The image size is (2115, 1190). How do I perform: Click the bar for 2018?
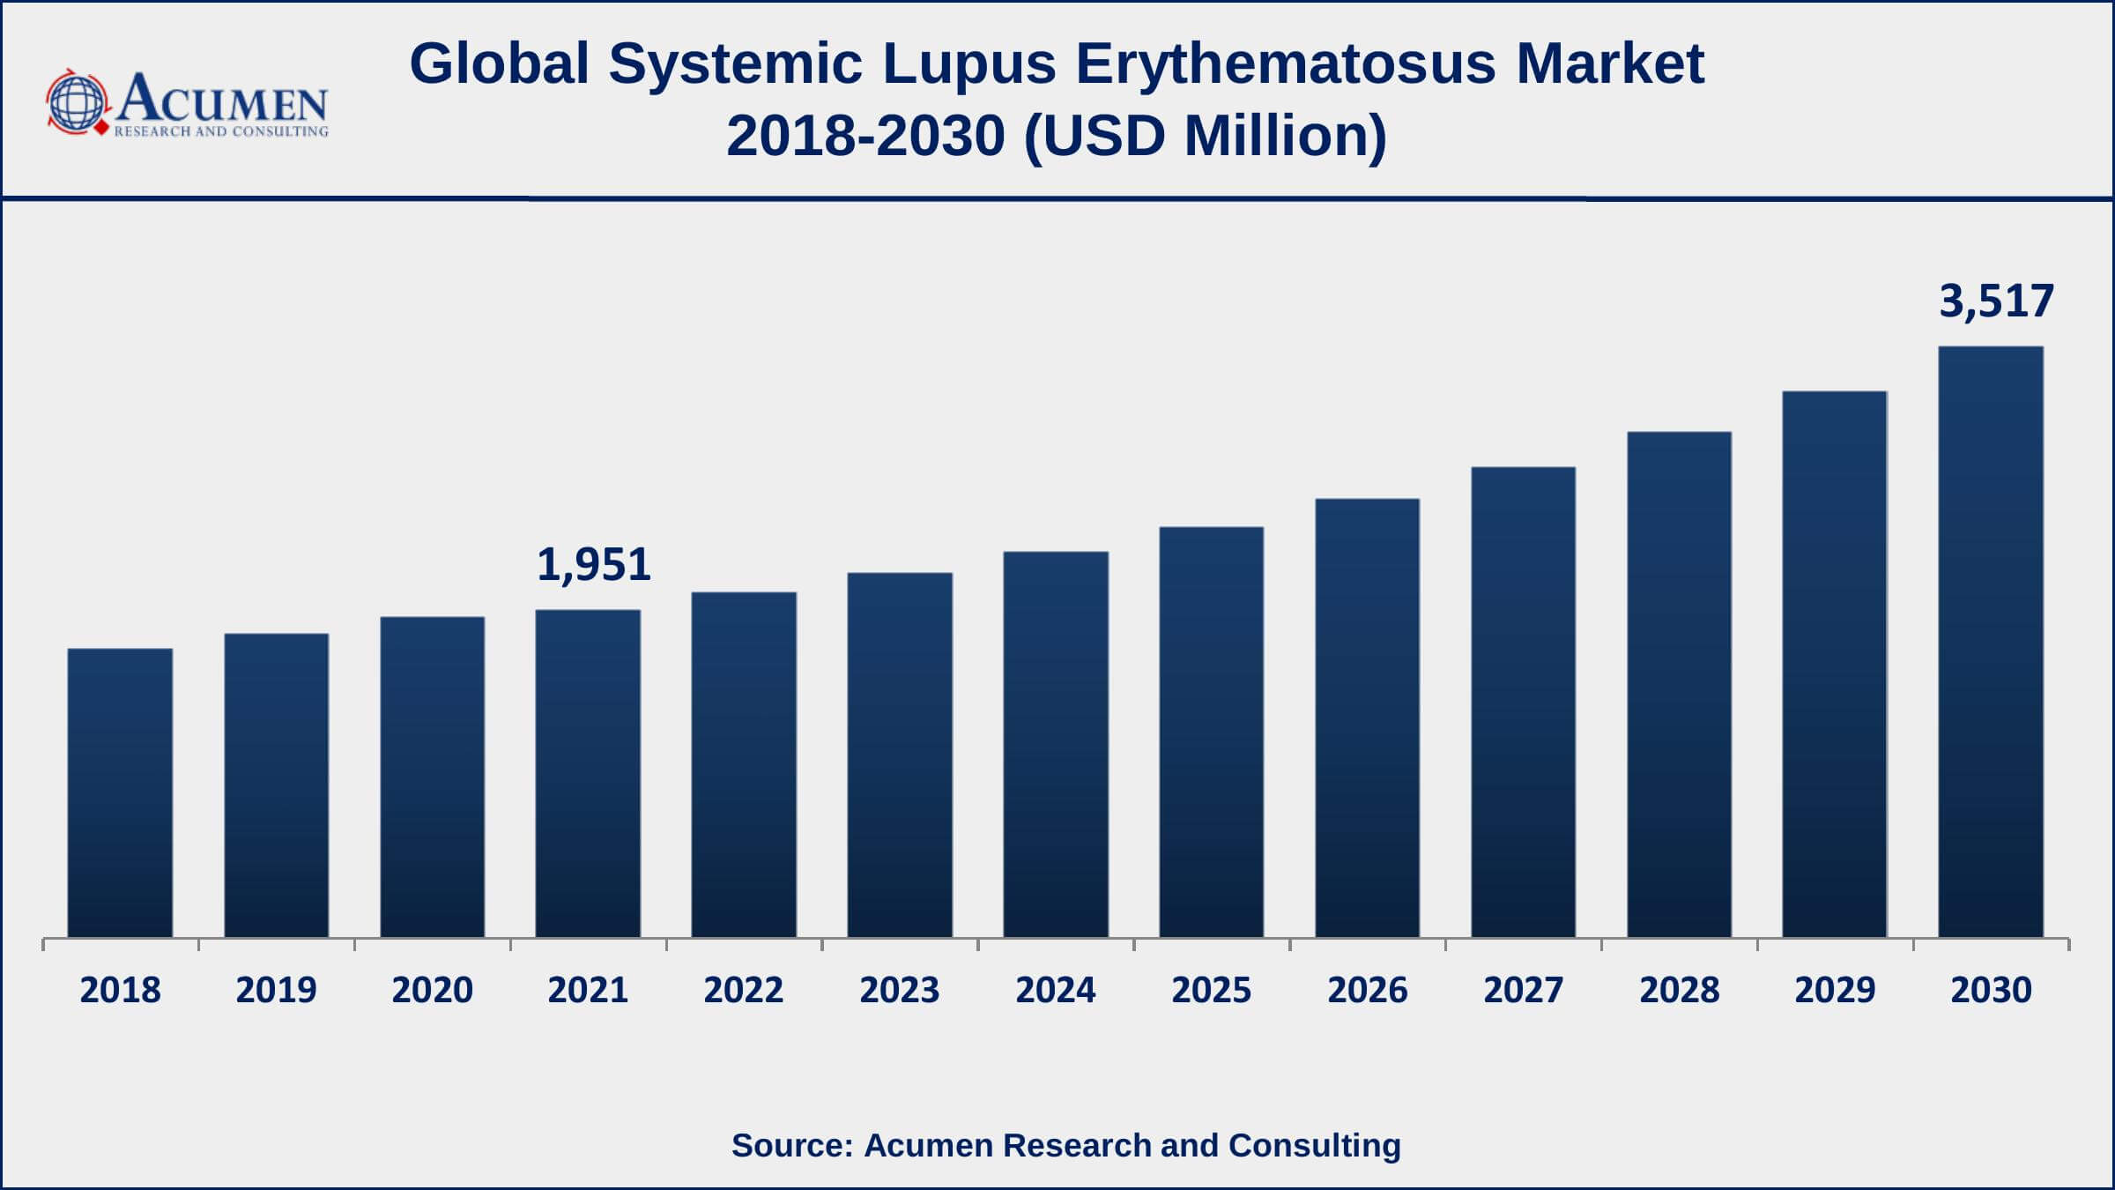pyautogui.click(x=120, y=792)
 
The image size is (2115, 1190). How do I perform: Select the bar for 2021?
pyautogui.click(x=588, y=773)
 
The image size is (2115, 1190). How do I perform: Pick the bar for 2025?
pyautogui.click(x=1212, y=732)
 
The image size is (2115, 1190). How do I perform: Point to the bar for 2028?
pyautogui.click(x=1680, y=684)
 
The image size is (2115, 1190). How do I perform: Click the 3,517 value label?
pyautogui.click(x=1996, y=301)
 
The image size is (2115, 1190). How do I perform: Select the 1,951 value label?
pyautogui.click(x=594, y=565)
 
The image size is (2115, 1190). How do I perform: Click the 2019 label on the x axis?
pyautogui.click(x=276, y=991)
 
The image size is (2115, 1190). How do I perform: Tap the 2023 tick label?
pyautogui.click(x=900, y=991)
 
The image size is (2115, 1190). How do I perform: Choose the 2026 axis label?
pyautogui.click(x=1368, y=991)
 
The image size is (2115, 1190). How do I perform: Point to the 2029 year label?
pyautogui.click(x=1836, y=991)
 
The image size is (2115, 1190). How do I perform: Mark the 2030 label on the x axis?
pyautogui.click(x=1992, y=991)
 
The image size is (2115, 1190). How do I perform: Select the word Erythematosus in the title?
pyautogui.click(x=1286, y=64)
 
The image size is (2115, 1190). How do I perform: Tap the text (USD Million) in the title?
pyautogui.click(x=1206, y=137)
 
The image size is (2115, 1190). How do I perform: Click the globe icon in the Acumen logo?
pyautogui.click(x=77, y=102)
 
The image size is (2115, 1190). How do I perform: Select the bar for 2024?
pyautogui.click(x=1056, y=744)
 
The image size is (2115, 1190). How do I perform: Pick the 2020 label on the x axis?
pyautogui.click(x=432, y=991)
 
